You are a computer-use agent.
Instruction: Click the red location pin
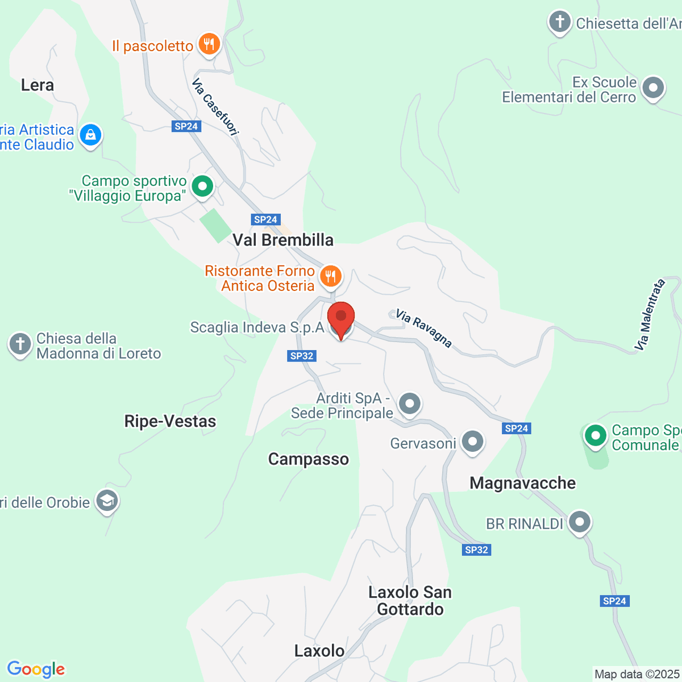pos(341,318)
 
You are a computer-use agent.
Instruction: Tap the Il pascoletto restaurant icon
pos(209,44)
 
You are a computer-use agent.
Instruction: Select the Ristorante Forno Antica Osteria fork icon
pos(330,277)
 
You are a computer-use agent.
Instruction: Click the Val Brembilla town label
pos(283,240)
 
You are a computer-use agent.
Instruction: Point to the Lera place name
pos(38,85)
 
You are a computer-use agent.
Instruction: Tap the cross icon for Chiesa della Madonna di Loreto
pos(20,344)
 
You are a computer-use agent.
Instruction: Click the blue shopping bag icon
pos(90,135)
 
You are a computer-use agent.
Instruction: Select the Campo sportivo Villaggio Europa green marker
pos(202,186)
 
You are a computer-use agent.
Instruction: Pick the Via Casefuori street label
pos(215,107)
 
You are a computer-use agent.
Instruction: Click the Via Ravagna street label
pos(424,328)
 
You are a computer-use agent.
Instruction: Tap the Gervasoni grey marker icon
pos(472,442)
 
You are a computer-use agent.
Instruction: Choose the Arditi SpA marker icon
pos(409,404)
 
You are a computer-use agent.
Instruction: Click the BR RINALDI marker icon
pos(580,522)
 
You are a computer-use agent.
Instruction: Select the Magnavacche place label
pos(522,483)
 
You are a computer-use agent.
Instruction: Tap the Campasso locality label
pos(308,459)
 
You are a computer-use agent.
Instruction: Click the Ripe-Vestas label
pos(170,421)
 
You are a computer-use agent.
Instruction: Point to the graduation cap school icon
pos(106,501)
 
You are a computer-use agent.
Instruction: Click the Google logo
pos(36,669)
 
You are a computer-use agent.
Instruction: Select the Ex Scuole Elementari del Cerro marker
pos(652,88)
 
